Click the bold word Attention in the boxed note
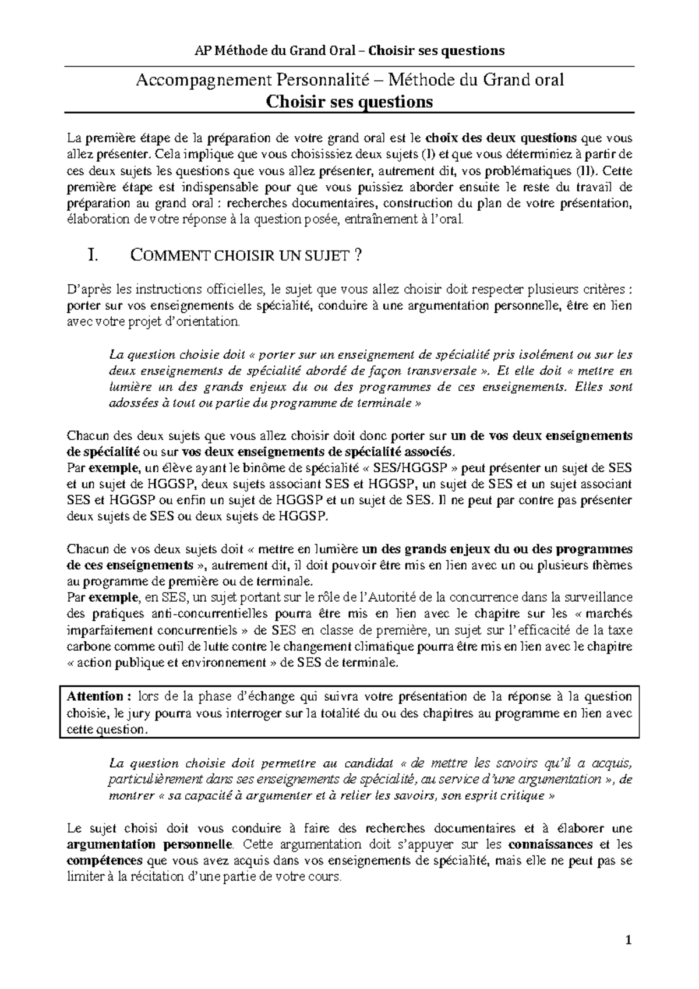pos(94,697)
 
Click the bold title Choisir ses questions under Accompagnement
pos(349,102)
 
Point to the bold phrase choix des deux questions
pos(502,139)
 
